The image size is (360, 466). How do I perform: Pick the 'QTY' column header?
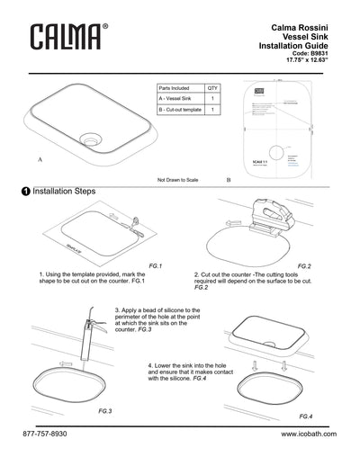(x=212, y=88)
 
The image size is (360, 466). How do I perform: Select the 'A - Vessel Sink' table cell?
(x=176, y=98)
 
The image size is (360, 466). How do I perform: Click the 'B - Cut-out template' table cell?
(x=179, y=109)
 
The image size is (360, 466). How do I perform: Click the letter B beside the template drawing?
(x=229, y=180)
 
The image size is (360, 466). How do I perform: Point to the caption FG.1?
(x=154, y=266)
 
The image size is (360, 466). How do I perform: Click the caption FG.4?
(x=305, y=417)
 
